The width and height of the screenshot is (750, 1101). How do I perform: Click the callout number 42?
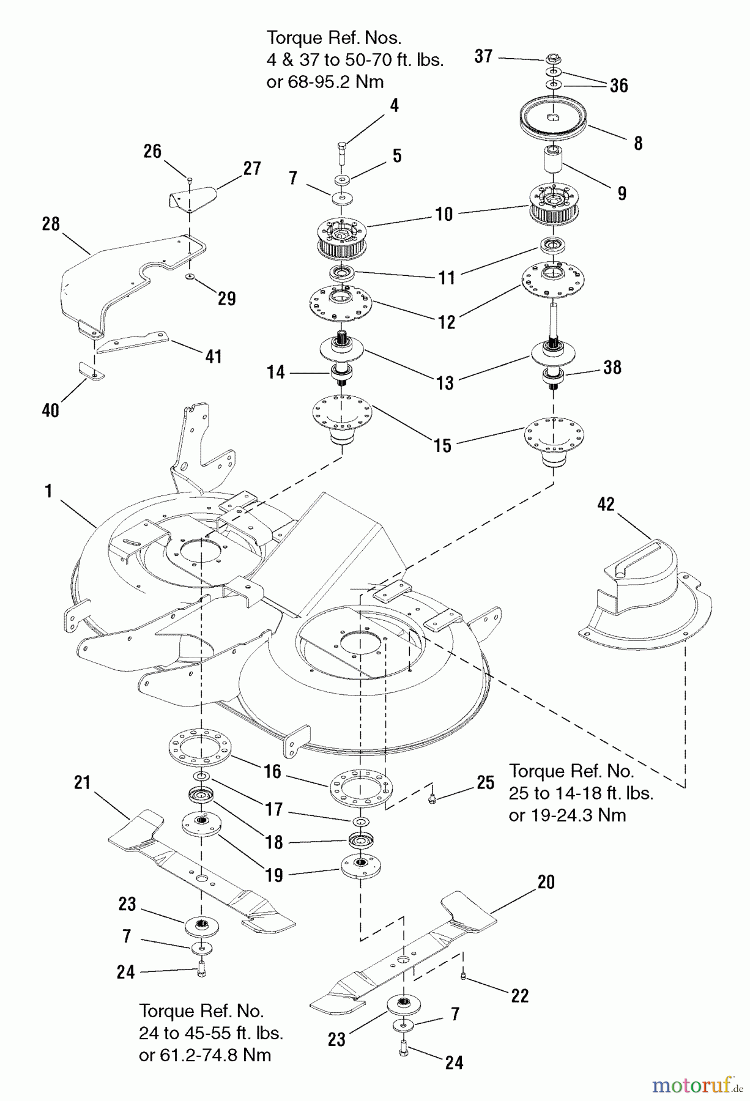[606, 504]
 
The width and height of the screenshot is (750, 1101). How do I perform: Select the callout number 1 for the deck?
[49, 491]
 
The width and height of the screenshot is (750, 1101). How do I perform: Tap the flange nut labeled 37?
[553, 59]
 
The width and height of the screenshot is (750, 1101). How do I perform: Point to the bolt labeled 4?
[342, 150]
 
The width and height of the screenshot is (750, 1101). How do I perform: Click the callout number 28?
[51, 224]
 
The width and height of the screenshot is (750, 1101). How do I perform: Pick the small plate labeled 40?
[91, 371]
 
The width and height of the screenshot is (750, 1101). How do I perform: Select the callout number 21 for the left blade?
[82, 782]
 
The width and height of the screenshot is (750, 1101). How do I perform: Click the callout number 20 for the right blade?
[546, 881]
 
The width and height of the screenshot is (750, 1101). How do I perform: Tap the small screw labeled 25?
[433, 799]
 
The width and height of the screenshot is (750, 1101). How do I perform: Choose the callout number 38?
[612, 367]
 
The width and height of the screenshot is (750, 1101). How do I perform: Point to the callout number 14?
[276, 372]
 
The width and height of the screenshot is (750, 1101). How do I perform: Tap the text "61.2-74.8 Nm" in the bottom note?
[205, 1055]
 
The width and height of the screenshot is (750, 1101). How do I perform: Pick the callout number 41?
[213, 356]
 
